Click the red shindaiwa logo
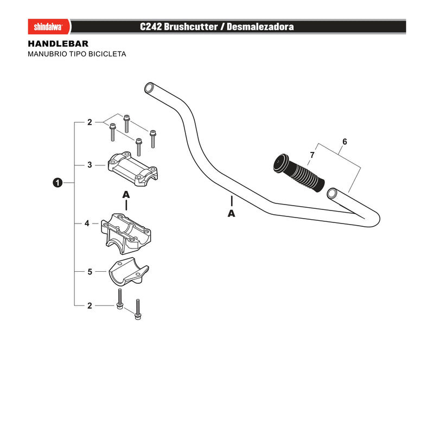(x=49, y=27)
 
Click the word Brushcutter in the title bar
(x=191, y=27)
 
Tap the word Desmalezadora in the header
(x=260, y=27)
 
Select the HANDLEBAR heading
(x=58, y=43)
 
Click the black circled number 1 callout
(x=58, y=183)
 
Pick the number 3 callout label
(x=90, y=165)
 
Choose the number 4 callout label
(x=87, y=223)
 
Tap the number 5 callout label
(x=90, y=272)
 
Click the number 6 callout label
(x=344, y=142)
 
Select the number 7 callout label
(x=312, y=155)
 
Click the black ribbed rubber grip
(x=299, y=173)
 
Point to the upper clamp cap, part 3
(x=132, y=169)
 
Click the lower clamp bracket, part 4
(x=126, y=233)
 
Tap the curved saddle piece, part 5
(x=129, y=273)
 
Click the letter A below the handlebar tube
(x=231, y=213)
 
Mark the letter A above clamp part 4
(x=126, y=195)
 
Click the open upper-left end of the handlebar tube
(x=150, y=88)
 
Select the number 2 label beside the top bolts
(x=90, y=122)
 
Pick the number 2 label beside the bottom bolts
(x=90, y=305)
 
